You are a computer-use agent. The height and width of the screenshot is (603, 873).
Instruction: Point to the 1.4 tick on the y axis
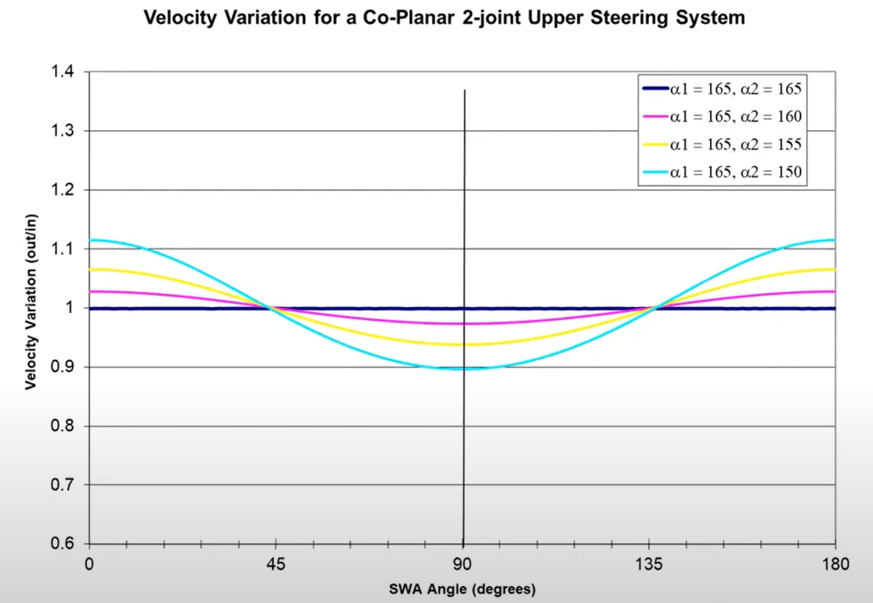click(x=62, y=73)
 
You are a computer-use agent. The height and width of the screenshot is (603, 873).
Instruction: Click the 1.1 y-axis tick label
click(x=62, y=250)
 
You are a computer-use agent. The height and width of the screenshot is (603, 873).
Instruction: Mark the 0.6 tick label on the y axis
click(x=62, y=544)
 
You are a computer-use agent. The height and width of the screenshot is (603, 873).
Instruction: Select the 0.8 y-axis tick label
click(x=62, y=426)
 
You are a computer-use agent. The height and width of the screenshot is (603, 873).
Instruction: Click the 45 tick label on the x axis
click(x=275, y=563)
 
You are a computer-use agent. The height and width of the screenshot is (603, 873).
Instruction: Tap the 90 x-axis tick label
click(x=462, y=563)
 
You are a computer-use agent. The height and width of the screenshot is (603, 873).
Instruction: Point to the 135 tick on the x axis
click(x=649, y=563)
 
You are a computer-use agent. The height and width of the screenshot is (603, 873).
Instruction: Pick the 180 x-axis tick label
click(x=835, y=563)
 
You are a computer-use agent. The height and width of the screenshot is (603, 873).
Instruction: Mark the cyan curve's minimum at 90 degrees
click(x=463, y=368)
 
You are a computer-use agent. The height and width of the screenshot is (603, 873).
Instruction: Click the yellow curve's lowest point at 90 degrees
click(x=463, y=345)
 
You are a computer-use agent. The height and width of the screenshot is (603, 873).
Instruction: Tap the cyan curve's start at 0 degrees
click(x=90, y=240)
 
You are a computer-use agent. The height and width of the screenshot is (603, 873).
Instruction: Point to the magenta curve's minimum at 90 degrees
click(x=463, y=323)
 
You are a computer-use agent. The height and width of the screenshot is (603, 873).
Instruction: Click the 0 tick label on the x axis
click(x=89, y=563)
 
